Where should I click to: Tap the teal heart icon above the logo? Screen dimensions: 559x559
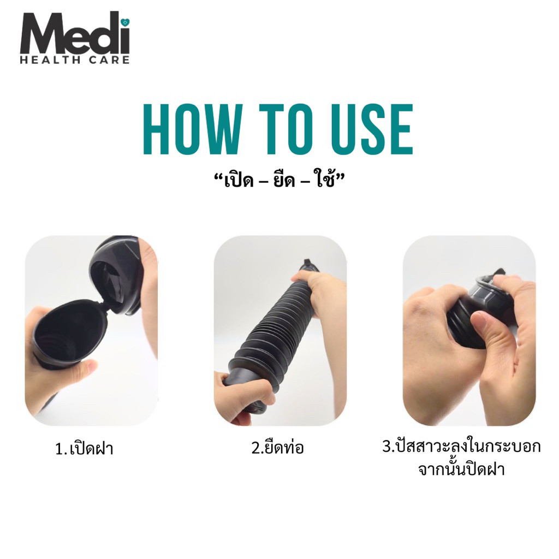coord(125,22)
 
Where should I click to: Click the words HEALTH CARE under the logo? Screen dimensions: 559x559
coord(75,60)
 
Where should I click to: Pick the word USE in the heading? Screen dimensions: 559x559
coord(372,129)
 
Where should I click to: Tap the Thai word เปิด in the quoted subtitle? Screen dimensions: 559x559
coord(239,181)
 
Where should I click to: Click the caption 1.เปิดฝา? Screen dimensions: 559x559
coord(85,448)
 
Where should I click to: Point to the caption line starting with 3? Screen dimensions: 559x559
coord(462,446)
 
